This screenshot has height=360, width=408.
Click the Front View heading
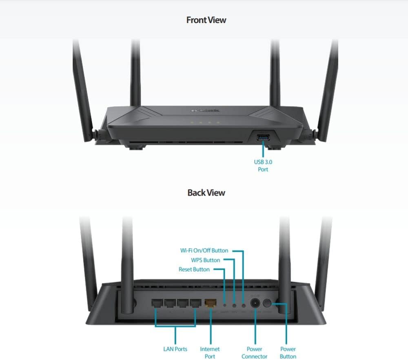tap(206, 20)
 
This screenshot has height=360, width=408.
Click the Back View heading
tap(206, 193)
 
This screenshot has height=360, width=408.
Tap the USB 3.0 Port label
tap(263, 165)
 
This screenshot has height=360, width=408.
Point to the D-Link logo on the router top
tap(206, 110)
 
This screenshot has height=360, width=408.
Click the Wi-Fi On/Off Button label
tap(204, 250)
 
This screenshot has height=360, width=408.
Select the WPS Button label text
tap(206, 260)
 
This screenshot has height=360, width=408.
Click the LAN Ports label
tap(175, 349)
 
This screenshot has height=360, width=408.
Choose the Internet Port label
tap(210, 353)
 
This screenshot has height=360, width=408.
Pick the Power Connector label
tap(255, 353)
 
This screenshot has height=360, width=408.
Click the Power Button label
tap(288, 353)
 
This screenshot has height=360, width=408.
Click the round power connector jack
tap(255, 303)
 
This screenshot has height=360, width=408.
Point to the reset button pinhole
tap(225, 304)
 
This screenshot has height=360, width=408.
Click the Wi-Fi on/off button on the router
tap(244, 304)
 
